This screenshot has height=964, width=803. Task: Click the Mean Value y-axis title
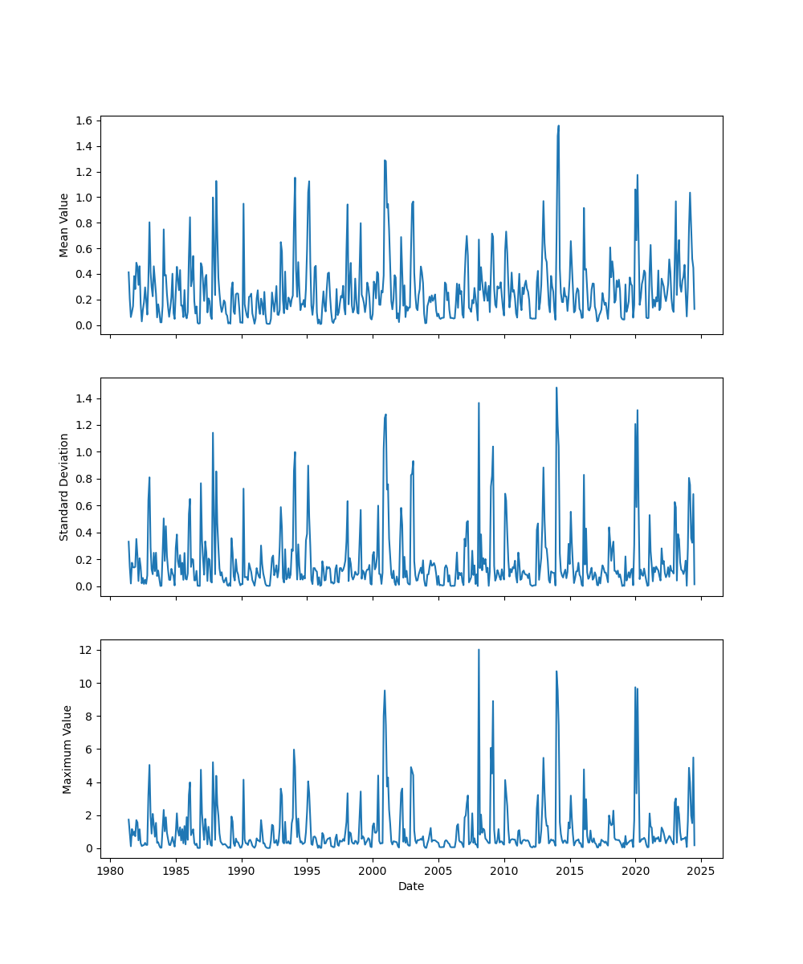click(64, 225)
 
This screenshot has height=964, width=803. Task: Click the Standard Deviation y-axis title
click(64, 487)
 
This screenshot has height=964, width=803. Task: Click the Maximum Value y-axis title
click(67, 749)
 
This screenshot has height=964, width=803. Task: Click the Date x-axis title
click(411, 886)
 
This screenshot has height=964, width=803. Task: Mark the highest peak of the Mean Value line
click(559, 125)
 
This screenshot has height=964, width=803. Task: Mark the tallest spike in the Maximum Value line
click(479, 650)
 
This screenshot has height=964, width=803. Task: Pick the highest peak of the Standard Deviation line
click(556, 388)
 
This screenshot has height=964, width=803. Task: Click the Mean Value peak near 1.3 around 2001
click(385, 160)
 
